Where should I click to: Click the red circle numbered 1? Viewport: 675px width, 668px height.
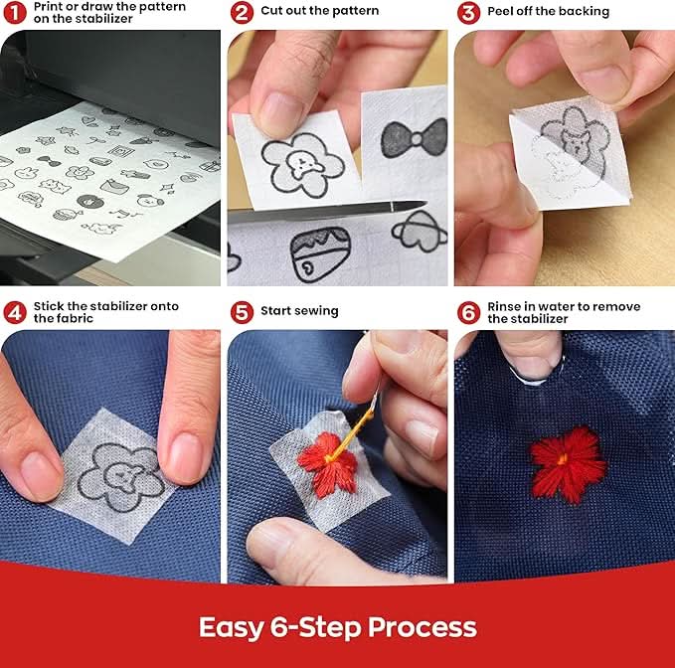(x=15, y=13)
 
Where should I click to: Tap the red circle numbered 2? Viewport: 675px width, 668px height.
(x=242, y=13)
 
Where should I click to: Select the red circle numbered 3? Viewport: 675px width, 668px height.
(x=468, y=13)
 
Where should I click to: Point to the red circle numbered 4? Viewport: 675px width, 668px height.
(x=15, y=312)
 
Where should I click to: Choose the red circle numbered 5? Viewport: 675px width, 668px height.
(x=242, y=312)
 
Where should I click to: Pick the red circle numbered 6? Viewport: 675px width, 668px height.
(x=468, y=312)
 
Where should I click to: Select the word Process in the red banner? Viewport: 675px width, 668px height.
(x=422, y=627)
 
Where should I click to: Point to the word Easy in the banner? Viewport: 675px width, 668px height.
(x=232, y=628)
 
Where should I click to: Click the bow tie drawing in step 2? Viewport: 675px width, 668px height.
(x=415, y=138)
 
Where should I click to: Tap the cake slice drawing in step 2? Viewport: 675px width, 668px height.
(x=320, y=254)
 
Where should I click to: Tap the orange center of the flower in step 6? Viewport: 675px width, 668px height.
(x=563, y=459)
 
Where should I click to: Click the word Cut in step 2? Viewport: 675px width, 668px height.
(x=271, y=10)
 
